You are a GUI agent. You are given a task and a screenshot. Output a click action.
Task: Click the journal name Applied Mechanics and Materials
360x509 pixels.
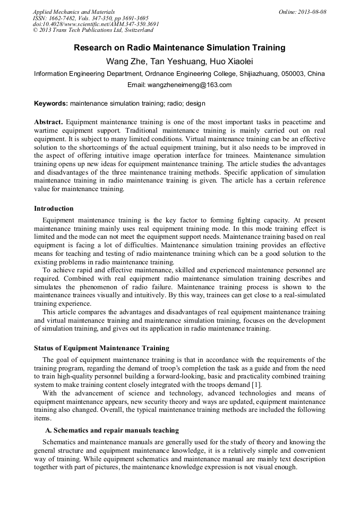(73, 11)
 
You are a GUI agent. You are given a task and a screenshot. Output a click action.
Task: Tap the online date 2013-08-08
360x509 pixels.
(313, 11)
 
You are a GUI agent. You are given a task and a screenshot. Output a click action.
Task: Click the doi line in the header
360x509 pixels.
(96, 24)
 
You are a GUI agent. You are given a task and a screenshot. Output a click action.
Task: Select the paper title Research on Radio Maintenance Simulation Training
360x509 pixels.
(179, 48)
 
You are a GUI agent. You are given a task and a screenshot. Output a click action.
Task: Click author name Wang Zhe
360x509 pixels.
(123, 61)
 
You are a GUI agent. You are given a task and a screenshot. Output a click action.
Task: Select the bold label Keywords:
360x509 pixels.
(50, 103)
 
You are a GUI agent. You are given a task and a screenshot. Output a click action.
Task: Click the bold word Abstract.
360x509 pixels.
(49, 122)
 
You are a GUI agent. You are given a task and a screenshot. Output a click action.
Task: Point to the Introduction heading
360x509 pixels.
(54, 209)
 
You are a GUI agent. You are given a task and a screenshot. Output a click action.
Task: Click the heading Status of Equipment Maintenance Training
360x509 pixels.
(101, 348)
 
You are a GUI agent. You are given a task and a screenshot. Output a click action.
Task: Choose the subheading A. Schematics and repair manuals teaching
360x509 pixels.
(112, 430)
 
